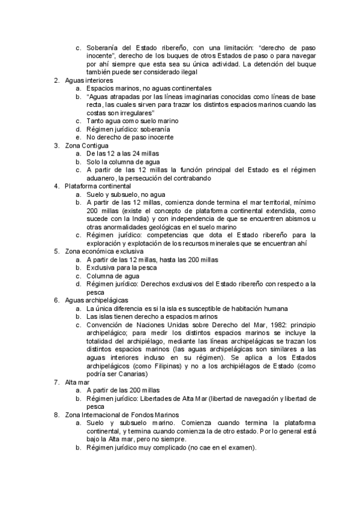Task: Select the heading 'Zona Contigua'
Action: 86,145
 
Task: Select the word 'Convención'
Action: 106,324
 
